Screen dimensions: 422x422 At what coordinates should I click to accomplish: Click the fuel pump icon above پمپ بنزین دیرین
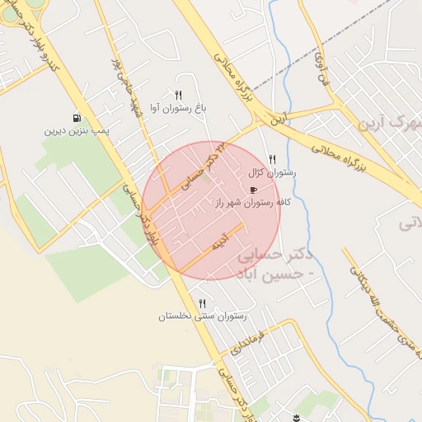coord(77,118)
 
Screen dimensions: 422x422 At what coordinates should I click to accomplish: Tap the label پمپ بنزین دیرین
coord(77,130)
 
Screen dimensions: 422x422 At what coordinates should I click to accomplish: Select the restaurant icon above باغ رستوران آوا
coord(179,95)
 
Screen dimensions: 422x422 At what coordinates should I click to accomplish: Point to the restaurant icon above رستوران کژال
coord(273,160)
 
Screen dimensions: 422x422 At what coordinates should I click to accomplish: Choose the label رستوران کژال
coord(272,173)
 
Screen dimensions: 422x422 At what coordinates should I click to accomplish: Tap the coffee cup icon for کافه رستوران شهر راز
coord(251,189)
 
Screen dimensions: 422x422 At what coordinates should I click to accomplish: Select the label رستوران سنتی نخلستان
coord(204,316)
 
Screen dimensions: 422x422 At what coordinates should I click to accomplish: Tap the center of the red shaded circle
coord(211,210)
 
